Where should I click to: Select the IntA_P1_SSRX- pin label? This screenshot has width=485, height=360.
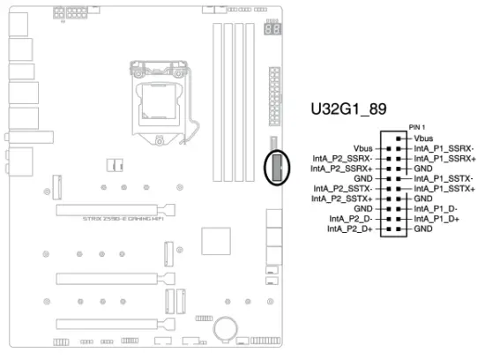(x=445, y=149)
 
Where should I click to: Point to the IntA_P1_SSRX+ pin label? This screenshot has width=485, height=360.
(x=445, y=159)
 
